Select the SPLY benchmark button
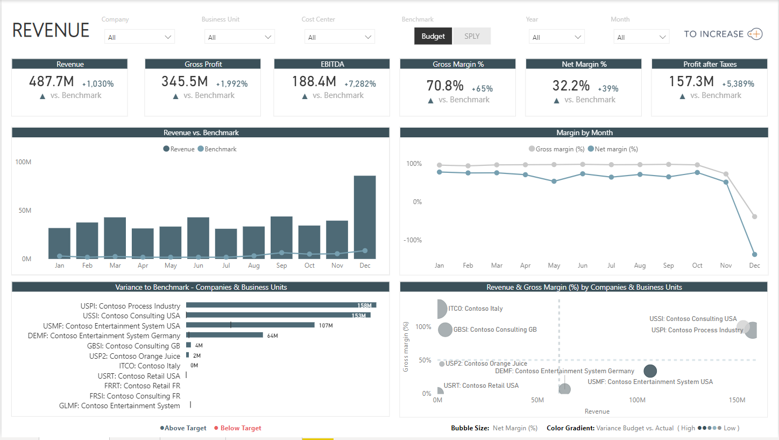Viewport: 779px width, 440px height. point(472,36)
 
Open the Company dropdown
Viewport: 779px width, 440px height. point(139,37)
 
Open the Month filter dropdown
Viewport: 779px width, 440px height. point(641,37)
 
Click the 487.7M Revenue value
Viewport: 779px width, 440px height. point(51,82)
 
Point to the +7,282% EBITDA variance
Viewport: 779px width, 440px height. point(360,84)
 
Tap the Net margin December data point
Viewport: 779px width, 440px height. point(755,254)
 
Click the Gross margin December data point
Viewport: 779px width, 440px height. point(755,216)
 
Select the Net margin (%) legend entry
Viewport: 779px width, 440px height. point(613,149)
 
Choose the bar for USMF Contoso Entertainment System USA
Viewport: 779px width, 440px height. point(250,325)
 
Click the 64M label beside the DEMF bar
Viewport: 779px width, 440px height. point(272,336)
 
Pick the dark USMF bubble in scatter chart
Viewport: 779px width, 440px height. point(650,371)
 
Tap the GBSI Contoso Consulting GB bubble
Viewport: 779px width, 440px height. point(445,330)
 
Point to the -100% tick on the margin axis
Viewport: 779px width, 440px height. point(413,240)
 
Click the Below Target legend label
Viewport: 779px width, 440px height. point(240,428)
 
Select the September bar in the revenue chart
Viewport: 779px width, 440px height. point(281,238)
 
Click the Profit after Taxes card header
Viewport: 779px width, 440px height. point(710,64)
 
